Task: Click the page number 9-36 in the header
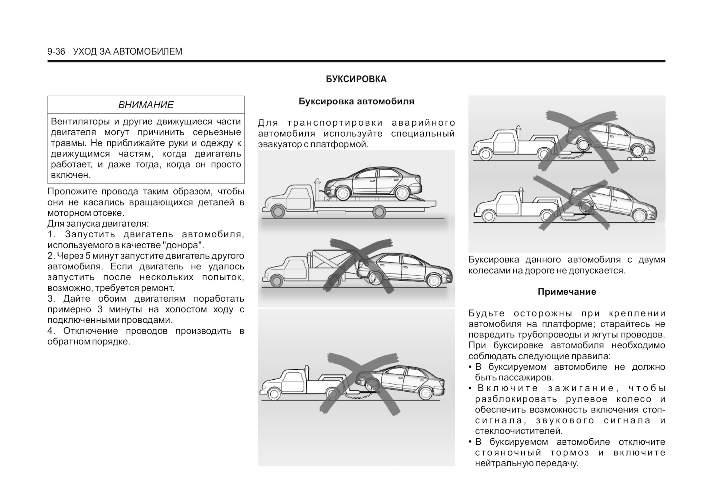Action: [x=56, y=52]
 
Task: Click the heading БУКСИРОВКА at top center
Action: [x=356, y=79]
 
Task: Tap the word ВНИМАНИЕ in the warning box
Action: [x=146, y=105]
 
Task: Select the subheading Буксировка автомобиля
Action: [x=356, y=101]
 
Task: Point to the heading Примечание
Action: [x=567, y=292]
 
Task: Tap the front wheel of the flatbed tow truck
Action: [x=278, y=212]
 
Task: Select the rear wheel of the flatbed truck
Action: [x=379, y=212]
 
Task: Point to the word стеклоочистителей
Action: [x=519, y=431]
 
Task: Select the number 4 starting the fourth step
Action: [x=50, y=331]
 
